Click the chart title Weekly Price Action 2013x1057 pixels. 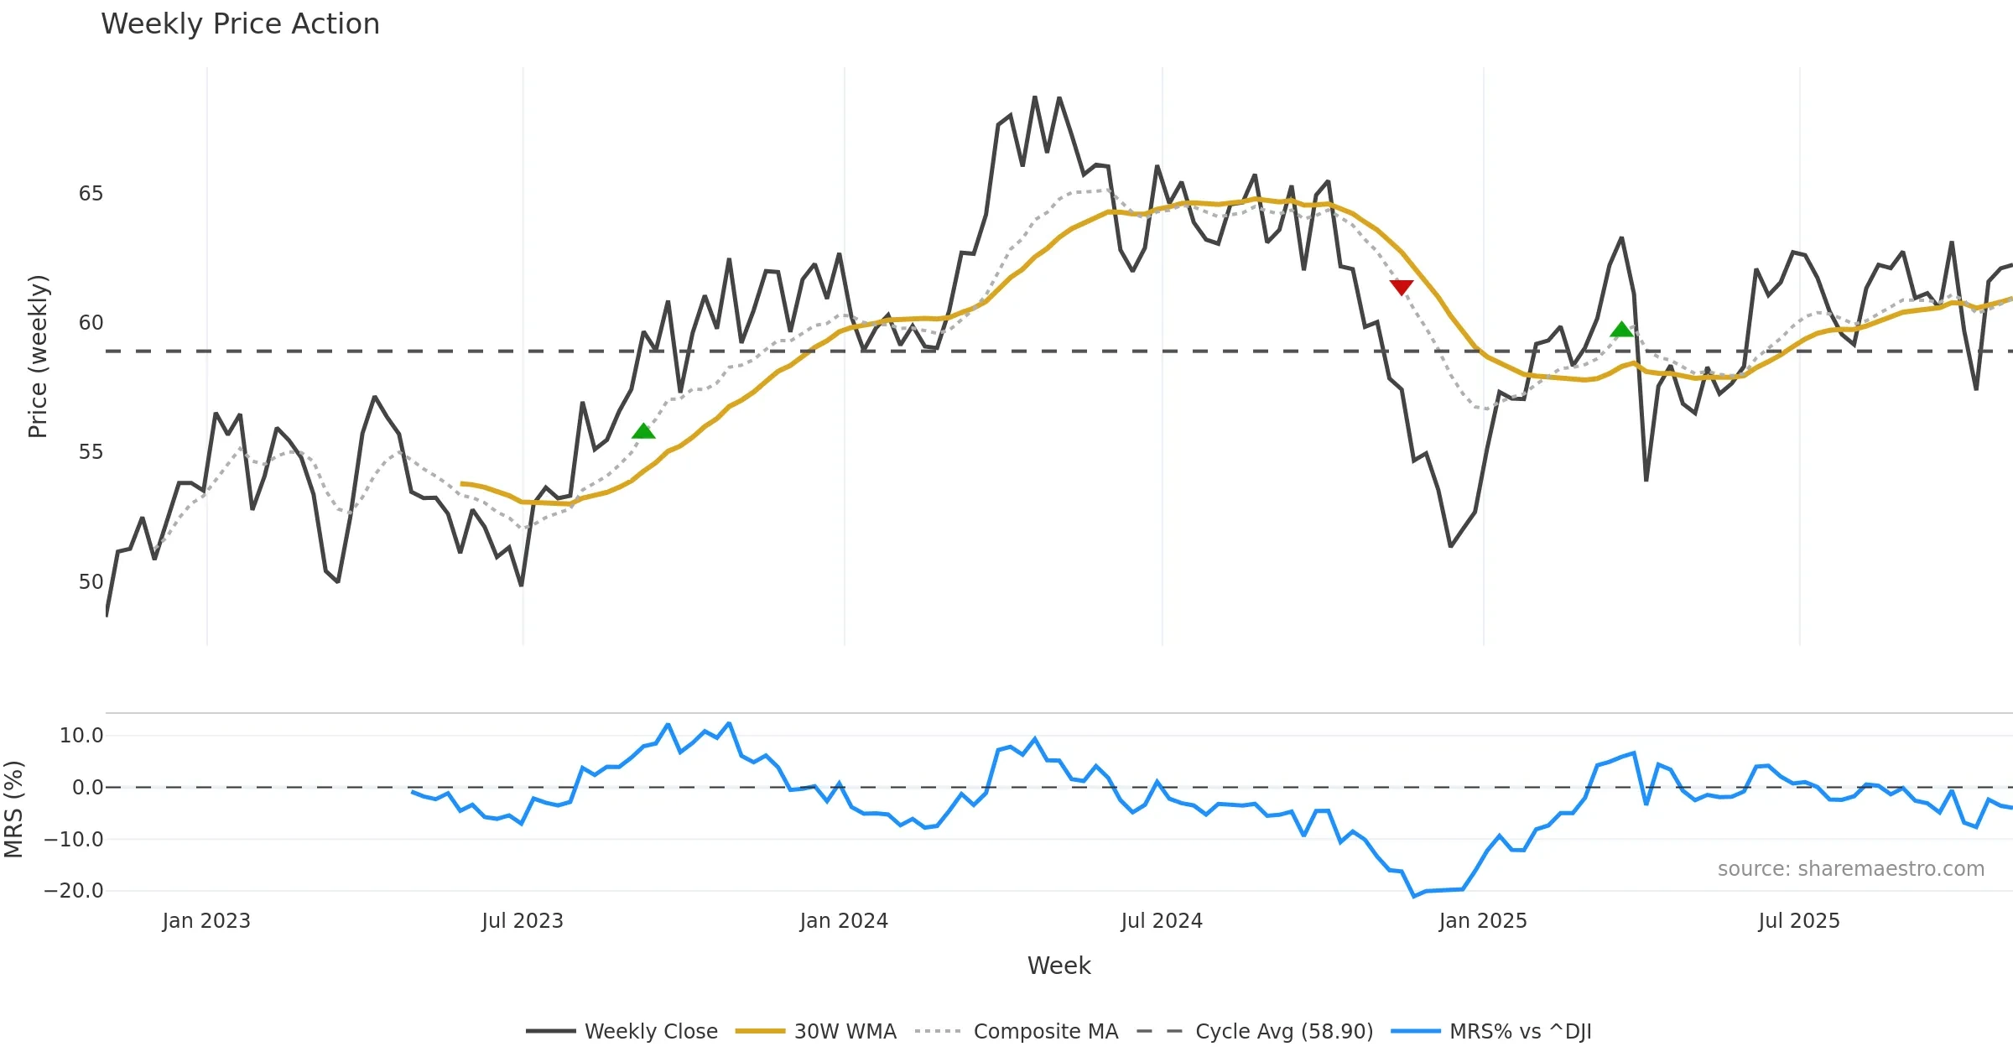240,24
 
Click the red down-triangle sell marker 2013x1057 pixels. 1402,288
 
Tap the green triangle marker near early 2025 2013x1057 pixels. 1622,330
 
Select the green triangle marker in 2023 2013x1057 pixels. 643,431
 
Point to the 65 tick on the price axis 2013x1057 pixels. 91,194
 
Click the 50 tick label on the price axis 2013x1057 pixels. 91,582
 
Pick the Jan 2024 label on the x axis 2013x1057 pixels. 844,921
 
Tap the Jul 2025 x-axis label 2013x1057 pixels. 1799,921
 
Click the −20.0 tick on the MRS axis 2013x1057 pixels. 74,891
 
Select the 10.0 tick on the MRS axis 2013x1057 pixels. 81,736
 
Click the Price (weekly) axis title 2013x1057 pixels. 38,357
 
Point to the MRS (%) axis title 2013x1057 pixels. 13,810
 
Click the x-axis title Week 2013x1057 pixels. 1059,966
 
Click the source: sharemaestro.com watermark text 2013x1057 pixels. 1850,869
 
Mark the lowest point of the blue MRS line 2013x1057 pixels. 1414,897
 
